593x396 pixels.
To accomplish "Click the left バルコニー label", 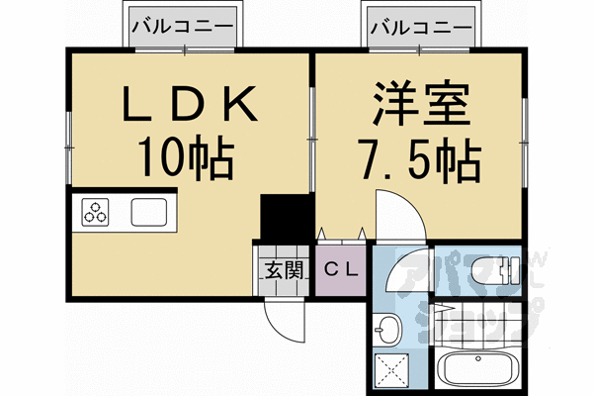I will [x=185, y=27].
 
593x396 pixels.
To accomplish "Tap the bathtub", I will [x=473, y=370].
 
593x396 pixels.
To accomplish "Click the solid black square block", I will [x=280, y=217].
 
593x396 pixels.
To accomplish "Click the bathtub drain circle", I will [x=450, y=370].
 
